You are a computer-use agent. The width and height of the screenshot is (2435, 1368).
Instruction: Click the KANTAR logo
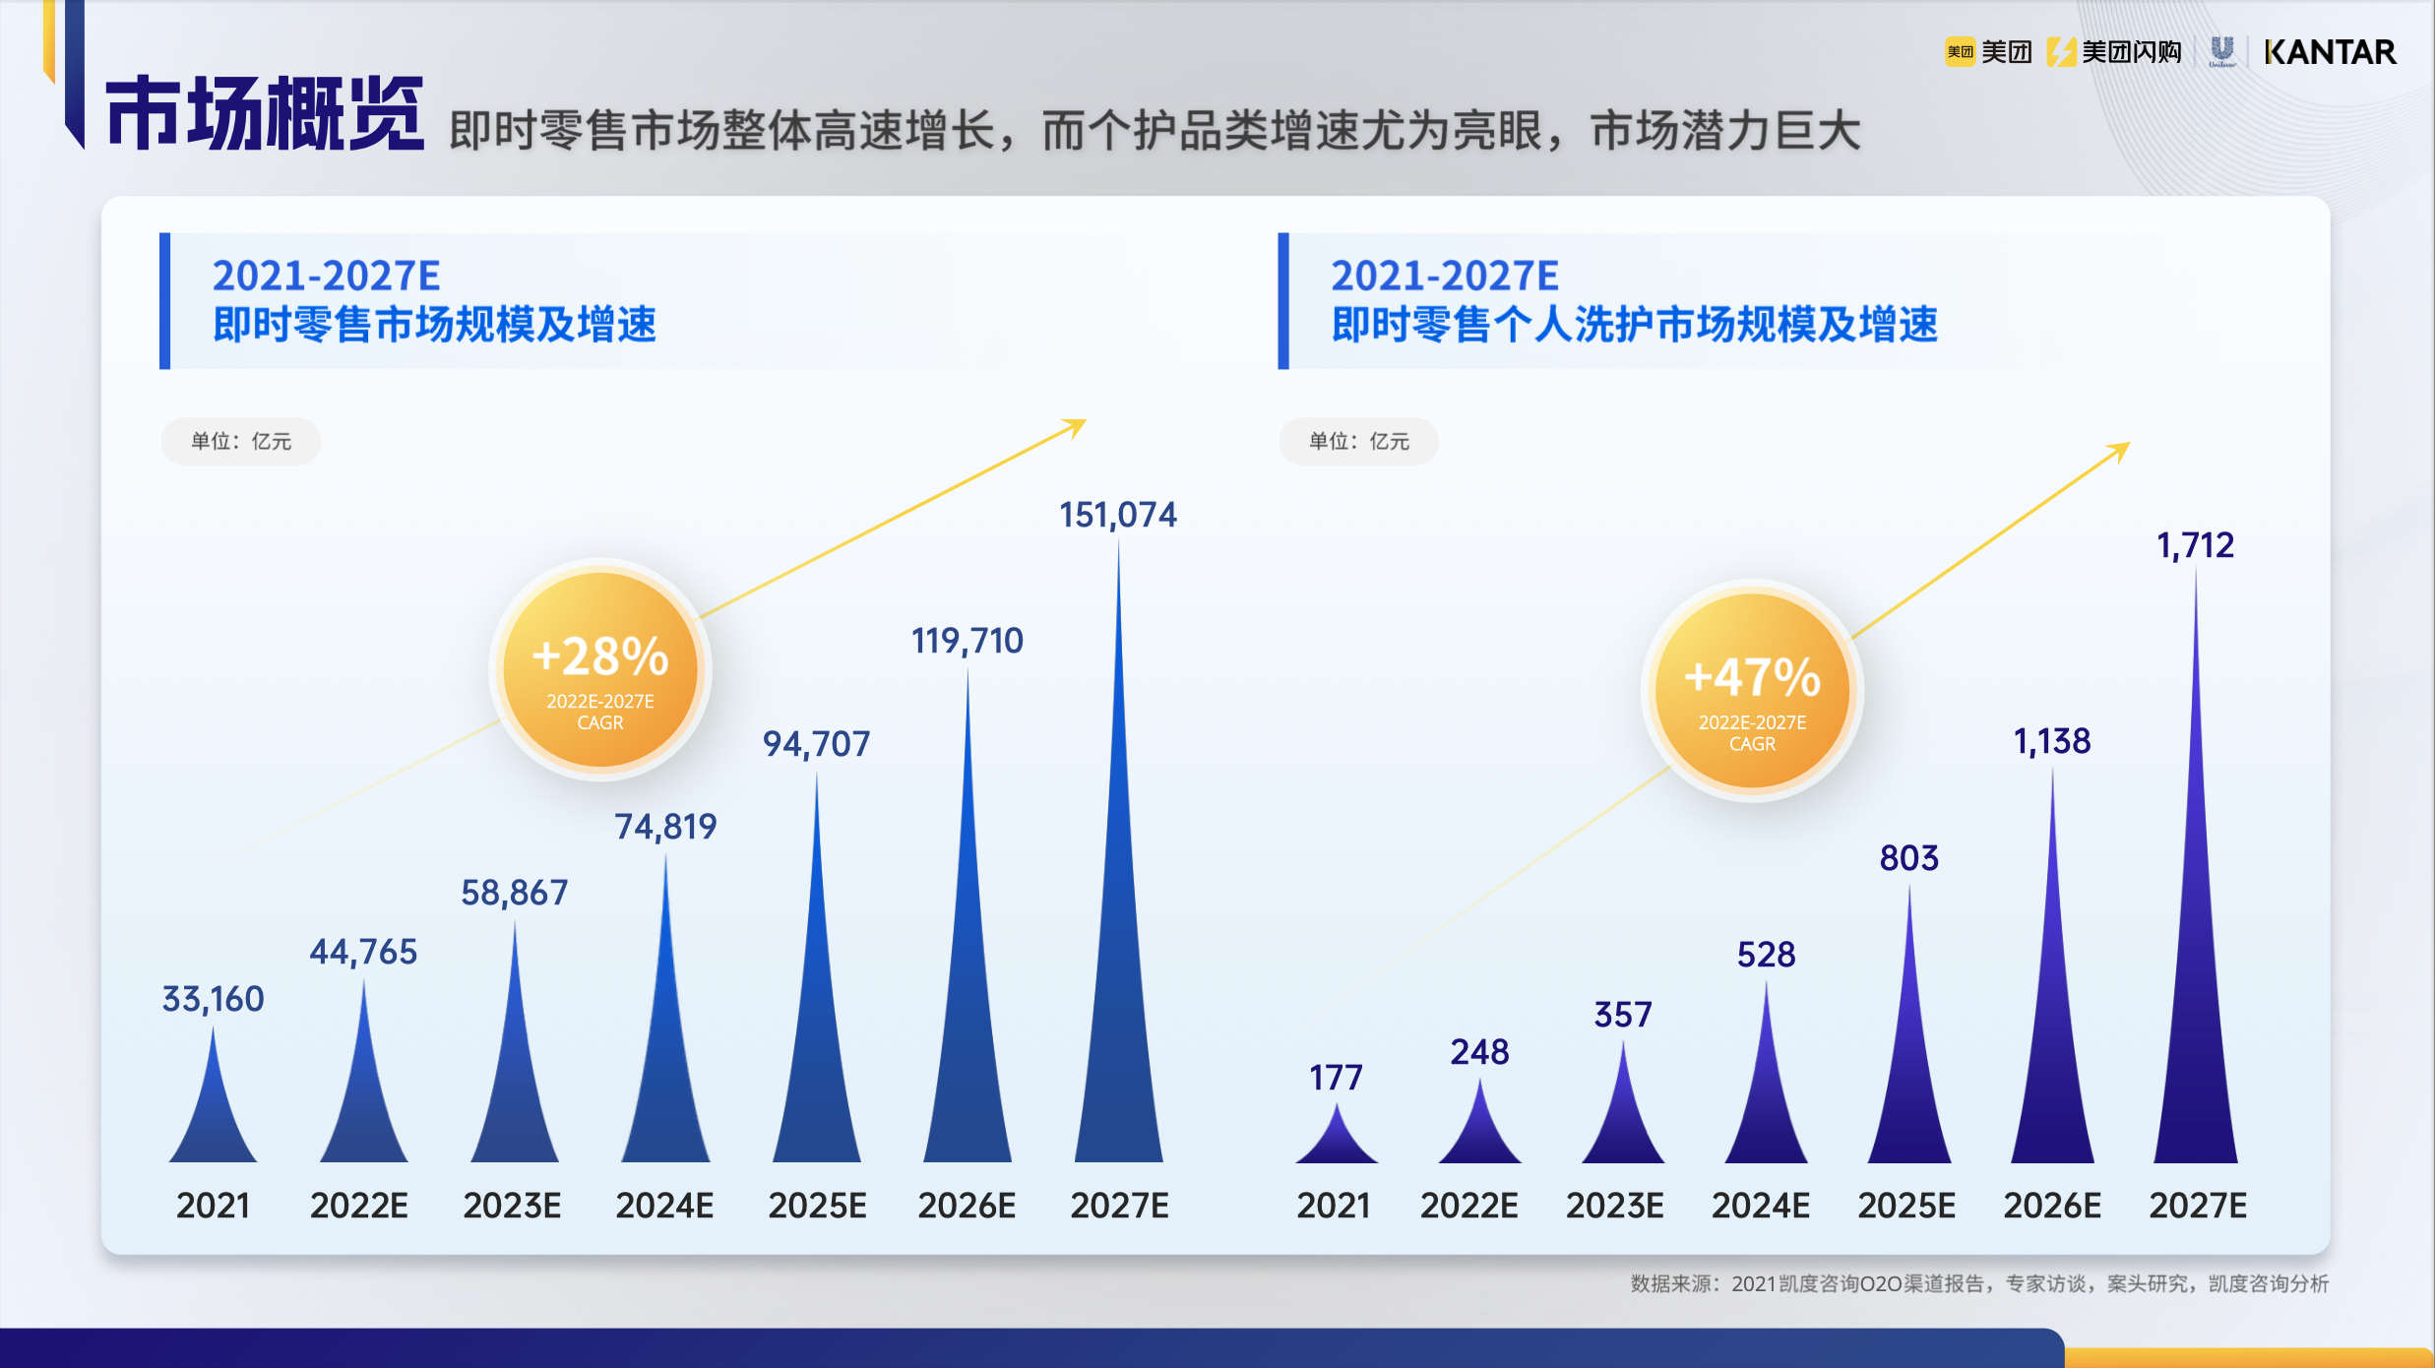point(2329,52)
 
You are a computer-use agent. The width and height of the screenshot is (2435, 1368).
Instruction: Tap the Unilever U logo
point(2221,51)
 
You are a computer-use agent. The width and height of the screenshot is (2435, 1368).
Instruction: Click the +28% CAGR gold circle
point(599,669)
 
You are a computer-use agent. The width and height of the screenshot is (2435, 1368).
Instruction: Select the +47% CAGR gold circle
point(1752,690)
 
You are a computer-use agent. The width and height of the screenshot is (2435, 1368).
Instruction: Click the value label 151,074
point(1117,515)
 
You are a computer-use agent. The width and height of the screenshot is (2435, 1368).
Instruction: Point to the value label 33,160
point(213,999)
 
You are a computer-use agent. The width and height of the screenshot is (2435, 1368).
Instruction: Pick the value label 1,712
point(2195,545)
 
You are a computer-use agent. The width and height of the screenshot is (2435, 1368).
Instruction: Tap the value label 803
point(1908,858)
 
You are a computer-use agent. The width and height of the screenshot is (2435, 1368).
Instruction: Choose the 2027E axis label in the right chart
point(2197,1206)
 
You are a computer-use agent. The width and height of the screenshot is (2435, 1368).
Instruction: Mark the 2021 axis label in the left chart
point(213,1206)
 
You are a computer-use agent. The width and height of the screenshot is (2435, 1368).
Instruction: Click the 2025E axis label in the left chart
point(817,1206)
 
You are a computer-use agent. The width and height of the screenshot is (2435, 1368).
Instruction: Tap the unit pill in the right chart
point(1358,441)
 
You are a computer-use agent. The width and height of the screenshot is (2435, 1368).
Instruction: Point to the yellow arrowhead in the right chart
point(2120,451)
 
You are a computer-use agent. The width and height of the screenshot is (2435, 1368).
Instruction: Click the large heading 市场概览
point(264,114)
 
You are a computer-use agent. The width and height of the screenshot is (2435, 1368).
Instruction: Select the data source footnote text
point(1978,1283)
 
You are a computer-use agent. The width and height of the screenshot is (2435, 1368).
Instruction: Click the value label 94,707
point(816,744)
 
